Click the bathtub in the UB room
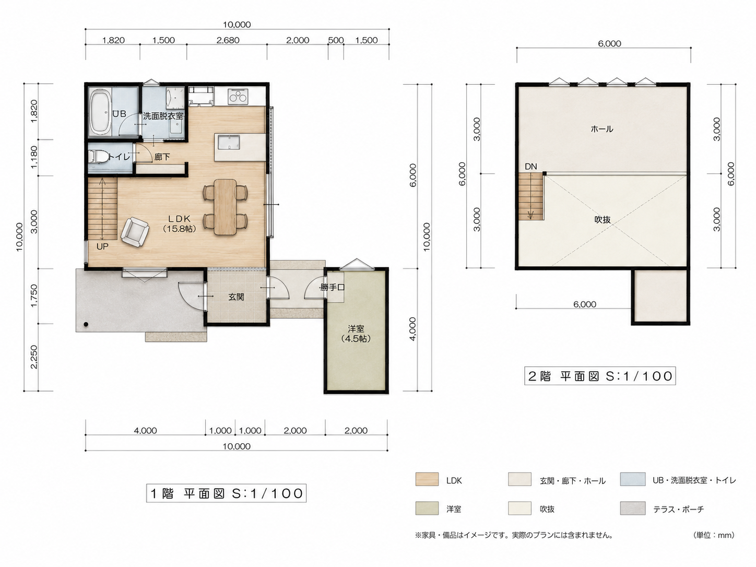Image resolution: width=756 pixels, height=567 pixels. point(100,112)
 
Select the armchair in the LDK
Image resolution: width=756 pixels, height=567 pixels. point(135,232)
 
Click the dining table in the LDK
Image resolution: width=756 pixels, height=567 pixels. point(225,207)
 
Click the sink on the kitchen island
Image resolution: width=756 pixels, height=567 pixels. point(229,142)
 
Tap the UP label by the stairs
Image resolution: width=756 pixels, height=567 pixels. point(102,246)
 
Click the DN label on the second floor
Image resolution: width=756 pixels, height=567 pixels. point(531,167)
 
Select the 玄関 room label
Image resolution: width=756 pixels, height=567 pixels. point(237,297)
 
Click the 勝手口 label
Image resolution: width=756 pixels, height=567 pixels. point(332,287)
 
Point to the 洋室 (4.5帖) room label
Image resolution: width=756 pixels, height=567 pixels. point(356,334)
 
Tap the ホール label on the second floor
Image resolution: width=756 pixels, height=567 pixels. point(601,129)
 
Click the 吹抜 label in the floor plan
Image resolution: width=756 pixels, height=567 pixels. point(603,219)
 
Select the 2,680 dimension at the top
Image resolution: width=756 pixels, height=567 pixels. point(228,40)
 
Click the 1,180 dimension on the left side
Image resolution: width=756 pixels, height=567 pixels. point(34,157)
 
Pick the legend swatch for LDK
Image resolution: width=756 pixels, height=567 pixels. point(427,479)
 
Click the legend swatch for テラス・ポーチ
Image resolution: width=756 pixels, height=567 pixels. point(633,508)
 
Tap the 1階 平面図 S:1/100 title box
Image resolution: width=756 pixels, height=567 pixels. point(226,493)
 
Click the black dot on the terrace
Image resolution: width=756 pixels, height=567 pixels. point(86,324)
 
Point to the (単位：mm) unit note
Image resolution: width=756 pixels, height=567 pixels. point(713,535)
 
